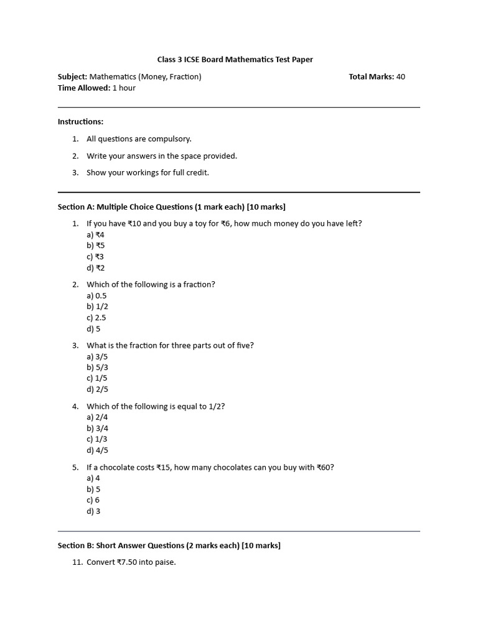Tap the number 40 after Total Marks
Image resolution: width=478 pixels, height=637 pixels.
point(400,77)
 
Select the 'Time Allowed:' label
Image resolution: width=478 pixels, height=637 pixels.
point(83,88)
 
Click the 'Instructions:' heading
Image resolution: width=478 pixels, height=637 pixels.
point(80,121)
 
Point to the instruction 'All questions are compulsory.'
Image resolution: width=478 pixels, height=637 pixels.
point(139,139)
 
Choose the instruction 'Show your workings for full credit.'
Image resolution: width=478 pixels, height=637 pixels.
point(148,172)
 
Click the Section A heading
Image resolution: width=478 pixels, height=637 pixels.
point(171,207)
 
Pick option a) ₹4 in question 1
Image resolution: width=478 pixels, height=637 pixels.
point(95,235)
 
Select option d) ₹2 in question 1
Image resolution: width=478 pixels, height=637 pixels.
point(95,268)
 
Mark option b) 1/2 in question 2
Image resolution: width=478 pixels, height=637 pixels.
point(97,307)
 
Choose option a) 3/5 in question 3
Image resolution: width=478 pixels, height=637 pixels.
point(97,356)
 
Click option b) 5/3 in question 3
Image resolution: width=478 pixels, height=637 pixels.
point(97,368)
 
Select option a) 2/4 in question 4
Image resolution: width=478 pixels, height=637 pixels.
point(97,417)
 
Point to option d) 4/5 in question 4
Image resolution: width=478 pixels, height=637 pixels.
point(97,450)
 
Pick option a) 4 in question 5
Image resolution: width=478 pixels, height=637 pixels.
point(93,478)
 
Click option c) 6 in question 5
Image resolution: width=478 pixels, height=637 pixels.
point(93,500)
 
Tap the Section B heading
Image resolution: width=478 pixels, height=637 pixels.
point(169,546)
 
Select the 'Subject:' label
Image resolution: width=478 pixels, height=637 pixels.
point(72,77)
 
